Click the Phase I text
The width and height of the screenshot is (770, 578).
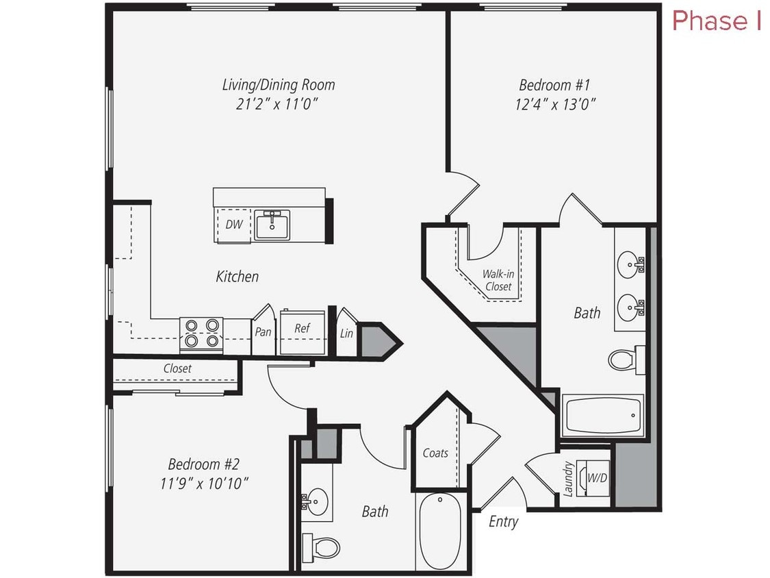[x=717, y=21]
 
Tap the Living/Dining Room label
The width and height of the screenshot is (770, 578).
[x=279, y=85]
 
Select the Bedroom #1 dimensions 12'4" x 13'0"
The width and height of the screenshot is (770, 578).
[x=554, y=104]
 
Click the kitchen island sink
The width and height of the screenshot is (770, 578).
[x=272, y=224]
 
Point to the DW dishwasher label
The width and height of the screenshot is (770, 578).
[x=234, y=224]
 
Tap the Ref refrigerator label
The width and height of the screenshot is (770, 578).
[x=302, y=329]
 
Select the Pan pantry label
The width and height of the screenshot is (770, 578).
[x=263, y=332]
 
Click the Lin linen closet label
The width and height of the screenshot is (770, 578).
[x=346, y=334]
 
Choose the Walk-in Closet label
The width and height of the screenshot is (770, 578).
[x=498, y=279]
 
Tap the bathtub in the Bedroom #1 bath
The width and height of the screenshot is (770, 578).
[x=602, y=416]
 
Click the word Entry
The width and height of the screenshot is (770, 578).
[x=503, y=522]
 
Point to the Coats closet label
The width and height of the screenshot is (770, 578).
[x=435, y=453]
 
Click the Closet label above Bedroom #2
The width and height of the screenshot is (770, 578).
[x=177, y=368]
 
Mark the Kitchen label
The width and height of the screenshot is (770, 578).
[x=238, y=277]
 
